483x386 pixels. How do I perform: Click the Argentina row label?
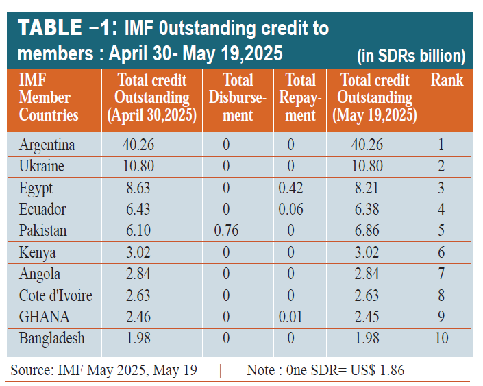[47, 145]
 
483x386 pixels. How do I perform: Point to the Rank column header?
[447, 80]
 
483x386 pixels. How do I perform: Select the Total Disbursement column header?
[238, 97]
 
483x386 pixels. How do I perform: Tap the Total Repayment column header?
[300, 97]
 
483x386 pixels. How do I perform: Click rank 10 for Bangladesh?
[441, 338]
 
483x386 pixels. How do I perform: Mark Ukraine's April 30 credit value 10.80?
[138, 167]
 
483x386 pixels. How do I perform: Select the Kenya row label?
[39, 252]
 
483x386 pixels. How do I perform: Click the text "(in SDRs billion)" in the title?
[411, 56]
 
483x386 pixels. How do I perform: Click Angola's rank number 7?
[441, 274]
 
